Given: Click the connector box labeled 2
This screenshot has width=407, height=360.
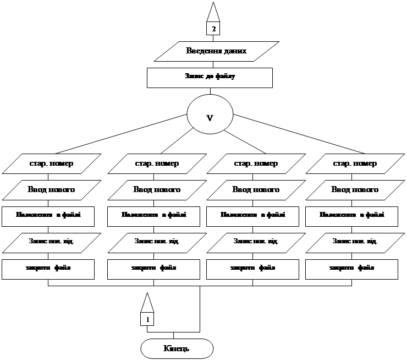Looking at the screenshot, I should (213, 29).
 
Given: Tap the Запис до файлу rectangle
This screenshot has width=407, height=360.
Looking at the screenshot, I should (210, 77).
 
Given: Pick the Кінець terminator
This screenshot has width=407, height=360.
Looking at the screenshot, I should (177, 348).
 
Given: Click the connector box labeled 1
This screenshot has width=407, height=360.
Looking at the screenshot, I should (147, 319).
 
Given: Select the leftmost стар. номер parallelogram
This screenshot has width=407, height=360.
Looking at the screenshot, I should (51, 163).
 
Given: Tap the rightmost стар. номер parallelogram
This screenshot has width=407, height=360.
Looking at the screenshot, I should (354, 163).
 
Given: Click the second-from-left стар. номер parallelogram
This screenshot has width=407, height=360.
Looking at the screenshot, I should (156, 163).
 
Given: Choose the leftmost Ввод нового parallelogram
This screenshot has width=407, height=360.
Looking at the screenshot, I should (51, 190).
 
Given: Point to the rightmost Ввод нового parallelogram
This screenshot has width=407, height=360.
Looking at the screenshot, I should (354, 190).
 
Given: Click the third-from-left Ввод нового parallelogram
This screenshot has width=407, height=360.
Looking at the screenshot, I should (255, 190).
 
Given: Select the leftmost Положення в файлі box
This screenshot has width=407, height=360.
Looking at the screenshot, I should (48, 216).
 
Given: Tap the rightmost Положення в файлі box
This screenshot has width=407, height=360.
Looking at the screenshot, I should (351, 216).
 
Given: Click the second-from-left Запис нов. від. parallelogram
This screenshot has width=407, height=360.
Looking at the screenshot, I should (156, 242).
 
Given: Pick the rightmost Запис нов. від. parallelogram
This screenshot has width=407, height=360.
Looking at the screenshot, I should (354, 242).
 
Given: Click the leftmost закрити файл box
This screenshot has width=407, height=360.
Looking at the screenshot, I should (48, 268).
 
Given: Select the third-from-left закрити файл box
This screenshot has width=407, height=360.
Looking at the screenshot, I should (252, 268).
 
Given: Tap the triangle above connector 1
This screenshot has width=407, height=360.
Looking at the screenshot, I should (147, 303).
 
